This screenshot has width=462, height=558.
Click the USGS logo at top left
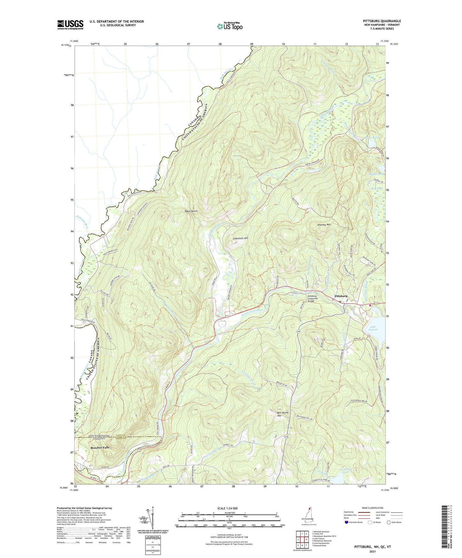(x=70, y=25)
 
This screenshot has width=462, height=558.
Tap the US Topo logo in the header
(x=230, y=26)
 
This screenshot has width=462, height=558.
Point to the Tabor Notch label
(x=191, y=211)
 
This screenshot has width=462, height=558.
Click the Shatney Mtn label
(x=324, y=225)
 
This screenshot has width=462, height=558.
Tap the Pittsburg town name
(x=341, y=296)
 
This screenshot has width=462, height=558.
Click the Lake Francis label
(x=374, y=328)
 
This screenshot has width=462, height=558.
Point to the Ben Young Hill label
(x=283, y=414)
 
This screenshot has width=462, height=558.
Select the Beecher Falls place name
(x=100, y=448)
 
